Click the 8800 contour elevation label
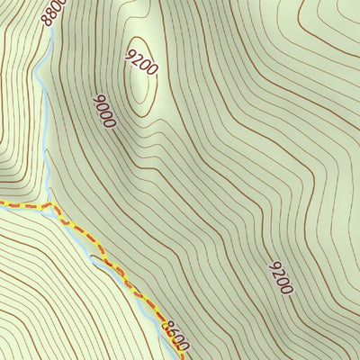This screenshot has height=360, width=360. click(x=56, y=11)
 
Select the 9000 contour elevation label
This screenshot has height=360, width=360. click(x=103, y=110)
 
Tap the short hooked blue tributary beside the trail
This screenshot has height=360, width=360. click(x=99, y=261)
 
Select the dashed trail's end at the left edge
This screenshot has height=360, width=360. click(x=2, y=205)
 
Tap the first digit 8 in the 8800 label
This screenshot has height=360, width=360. click(x=49, y=21)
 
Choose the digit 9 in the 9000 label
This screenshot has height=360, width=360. click(x=96, y=98)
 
